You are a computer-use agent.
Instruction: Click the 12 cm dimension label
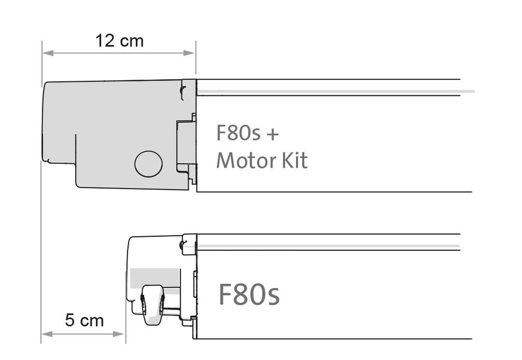(120, 41)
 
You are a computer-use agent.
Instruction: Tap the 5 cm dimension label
(84, 320)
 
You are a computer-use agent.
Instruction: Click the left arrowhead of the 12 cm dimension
(48, 53)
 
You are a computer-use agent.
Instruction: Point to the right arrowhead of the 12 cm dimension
(189, 53)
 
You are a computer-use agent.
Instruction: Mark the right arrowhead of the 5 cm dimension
(118, 334)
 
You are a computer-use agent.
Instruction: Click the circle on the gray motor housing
(148, 164)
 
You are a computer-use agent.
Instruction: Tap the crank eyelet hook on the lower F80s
(153, 305)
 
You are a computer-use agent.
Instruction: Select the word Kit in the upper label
(294, 160)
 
